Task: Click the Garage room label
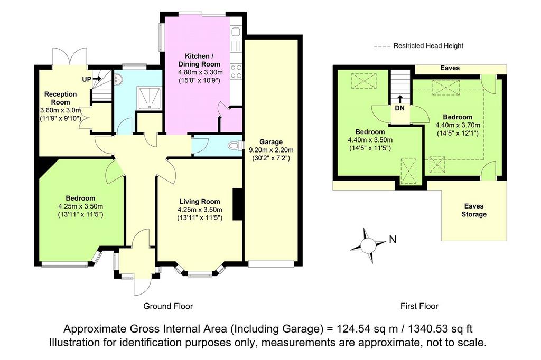[271, 141]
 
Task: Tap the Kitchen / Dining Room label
[199, 60]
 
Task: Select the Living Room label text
[199, 202]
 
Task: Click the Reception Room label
[60, 98]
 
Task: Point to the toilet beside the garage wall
[234, 146]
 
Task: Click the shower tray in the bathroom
[149, 98]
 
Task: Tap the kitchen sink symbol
[236, 32]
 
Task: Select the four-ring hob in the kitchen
[236, 72]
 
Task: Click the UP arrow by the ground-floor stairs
[96, 79]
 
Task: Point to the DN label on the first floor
[399, 108]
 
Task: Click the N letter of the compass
[393, 239]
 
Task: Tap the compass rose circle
[368, 245]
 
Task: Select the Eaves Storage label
[474, 210]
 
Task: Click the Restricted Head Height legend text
[428, 45]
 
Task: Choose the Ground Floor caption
[168, 306]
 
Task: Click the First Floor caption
[419, 306]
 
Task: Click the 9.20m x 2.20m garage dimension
[271, 150]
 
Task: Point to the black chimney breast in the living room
[238, 204]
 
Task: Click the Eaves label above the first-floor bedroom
[450, 68]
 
